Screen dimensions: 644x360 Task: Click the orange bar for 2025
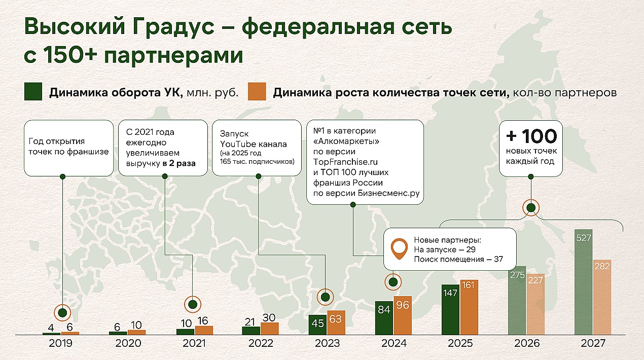click(x=469, y=307)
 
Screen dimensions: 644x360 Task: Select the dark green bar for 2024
click(x=384, y=318)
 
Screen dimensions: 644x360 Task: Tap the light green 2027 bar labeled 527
click(x=583, y=282)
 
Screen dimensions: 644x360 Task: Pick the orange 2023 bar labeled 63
click(x=336, y=322)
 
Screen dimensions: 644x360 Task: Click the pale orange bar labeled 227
click(x=535, y=304)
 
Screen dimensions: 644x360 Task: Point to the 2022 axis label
click(x=261, y=343)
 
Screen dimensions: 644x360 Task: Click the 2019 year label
click(x=60, y=343)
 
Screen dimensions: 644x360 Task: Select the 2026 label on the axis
click(x=527, y=343)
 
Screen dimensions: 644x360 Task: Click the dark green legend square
click(x=33, y=91)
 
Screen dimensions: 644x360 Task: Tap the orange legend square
click(x=257, y=91)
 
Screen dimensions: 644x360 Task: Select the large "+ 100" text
click(x=531, y=136)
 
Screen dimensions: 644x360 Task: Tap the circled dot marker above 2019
click(x=62, y=312)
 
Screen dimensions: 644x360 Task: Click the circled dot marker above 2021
click(x=193, y=304)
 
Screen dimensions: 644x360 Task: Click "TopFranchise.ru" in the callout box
click(x=345, y=162)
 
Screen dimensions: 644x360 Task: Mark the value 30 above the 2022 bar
click(x=269, y=318)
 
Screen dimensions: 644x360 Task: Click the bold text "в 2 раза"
click(x=179, y=163)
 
